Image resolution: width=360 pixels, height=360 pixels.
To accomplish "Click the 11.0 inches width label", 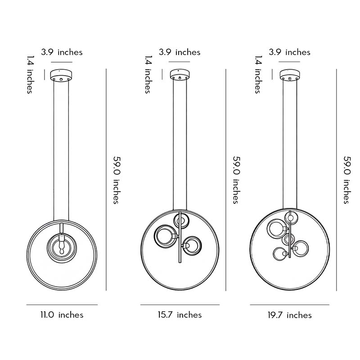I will pyautogui.click(x=62, y=315).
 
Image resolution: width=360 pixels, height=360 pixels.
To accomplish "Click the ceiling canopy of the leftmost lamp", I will pyautogui.click(x=62, y=75).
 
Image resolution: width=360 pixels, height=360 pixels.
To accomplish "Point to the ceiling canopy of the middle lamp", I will pyautogui.click(x=180, y=75).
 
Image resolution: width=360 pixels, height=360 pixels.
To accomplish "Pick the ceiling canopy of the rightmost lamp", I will pyautogui.click(x=290, y=75).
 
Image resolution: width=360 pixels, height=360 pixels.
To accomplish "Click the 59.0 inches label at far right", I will pyautogui.click(x=347, y=180).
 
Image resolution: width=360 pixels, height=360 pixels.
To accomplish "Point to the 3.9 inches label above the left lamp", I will pyautogui.click(x=62, y=52).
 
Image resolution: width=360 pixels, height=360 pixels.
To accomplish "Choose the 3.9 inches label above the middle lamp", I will pyautogui.click(x=180, y=52).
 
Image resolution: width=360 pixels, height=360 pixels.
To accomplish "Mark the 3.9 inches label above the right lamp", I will pyautogui.click(x=290, y=52).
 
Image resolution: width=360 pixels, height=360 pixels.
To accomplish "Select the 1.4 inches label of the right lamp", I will pyautogui.click(x=258, y=74).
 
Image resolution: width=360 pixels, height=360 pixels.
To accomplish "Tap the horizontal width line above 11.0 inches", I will pyautogui.click(x=62, y=305).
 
